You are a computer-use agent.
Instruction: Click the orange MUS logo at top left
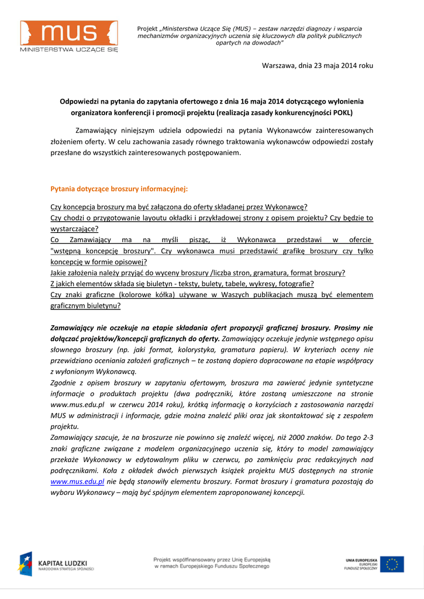(69, 33)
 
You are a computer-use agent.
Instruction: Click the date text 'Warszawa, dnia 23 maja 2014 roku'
(317, 66)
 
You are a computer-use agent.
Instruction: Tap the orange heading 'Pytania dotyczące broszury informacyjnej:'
(119, 189)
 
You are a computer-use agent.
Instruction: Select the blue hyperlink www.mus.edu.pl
(77, 481)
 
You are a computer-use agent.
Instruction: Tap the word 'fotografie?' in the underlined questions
(294, 283)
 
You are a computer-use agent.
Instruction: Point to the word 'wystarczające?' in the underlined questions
(74, 229)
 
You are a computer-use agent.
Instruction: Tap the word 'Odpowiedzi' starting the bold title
(80, 101)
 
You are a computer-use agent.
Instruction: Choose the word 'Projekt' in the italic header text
(148, 29)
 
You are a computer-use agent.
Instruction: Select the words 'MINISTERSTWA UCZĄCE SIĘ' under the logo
(69, 50)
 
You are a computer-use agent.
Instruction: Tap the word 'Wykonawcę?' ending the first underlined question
(287, 206)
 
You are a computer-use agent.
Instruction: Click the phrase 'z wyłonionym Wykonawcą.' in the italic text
(94, 371)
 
